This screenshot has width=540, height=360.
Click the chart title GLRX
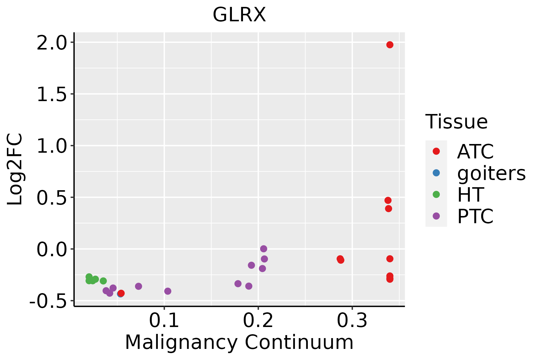coord(239,15)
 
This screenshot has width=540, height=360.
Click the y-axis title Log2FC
coord(15,169)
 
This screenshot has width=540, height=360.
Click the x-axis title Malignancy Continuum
coord(239,342)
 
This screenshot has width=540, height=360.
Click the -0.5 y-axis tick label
coord(48,301)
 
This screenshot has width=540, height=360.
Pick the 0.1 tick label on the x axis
coord(164,321)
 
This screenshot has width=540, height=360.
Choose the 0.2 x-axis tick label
coord(258,321)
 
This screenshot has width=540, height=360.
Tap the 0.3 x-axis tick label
coord(352,321)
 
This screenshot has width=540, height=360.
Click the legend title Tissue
coord(457,122)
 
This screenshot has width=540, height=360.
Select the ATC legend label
coord(475,151)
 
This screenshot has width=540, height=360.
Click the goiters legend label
coord(491,173)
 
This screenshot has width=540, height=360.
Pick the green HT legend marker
coord(436,194)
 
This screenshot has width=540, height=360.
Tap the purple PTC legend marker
coord(436,216)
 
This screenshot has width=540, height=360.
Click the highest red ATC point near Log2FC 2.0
coord(390,45)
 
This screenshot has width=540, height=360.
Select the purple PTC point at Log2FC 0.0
coord(263,249)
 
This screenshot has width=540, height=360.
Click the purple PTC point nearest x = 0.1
coord(168,291)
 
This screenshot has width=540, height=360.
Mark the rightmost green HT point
coord(103,281)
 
